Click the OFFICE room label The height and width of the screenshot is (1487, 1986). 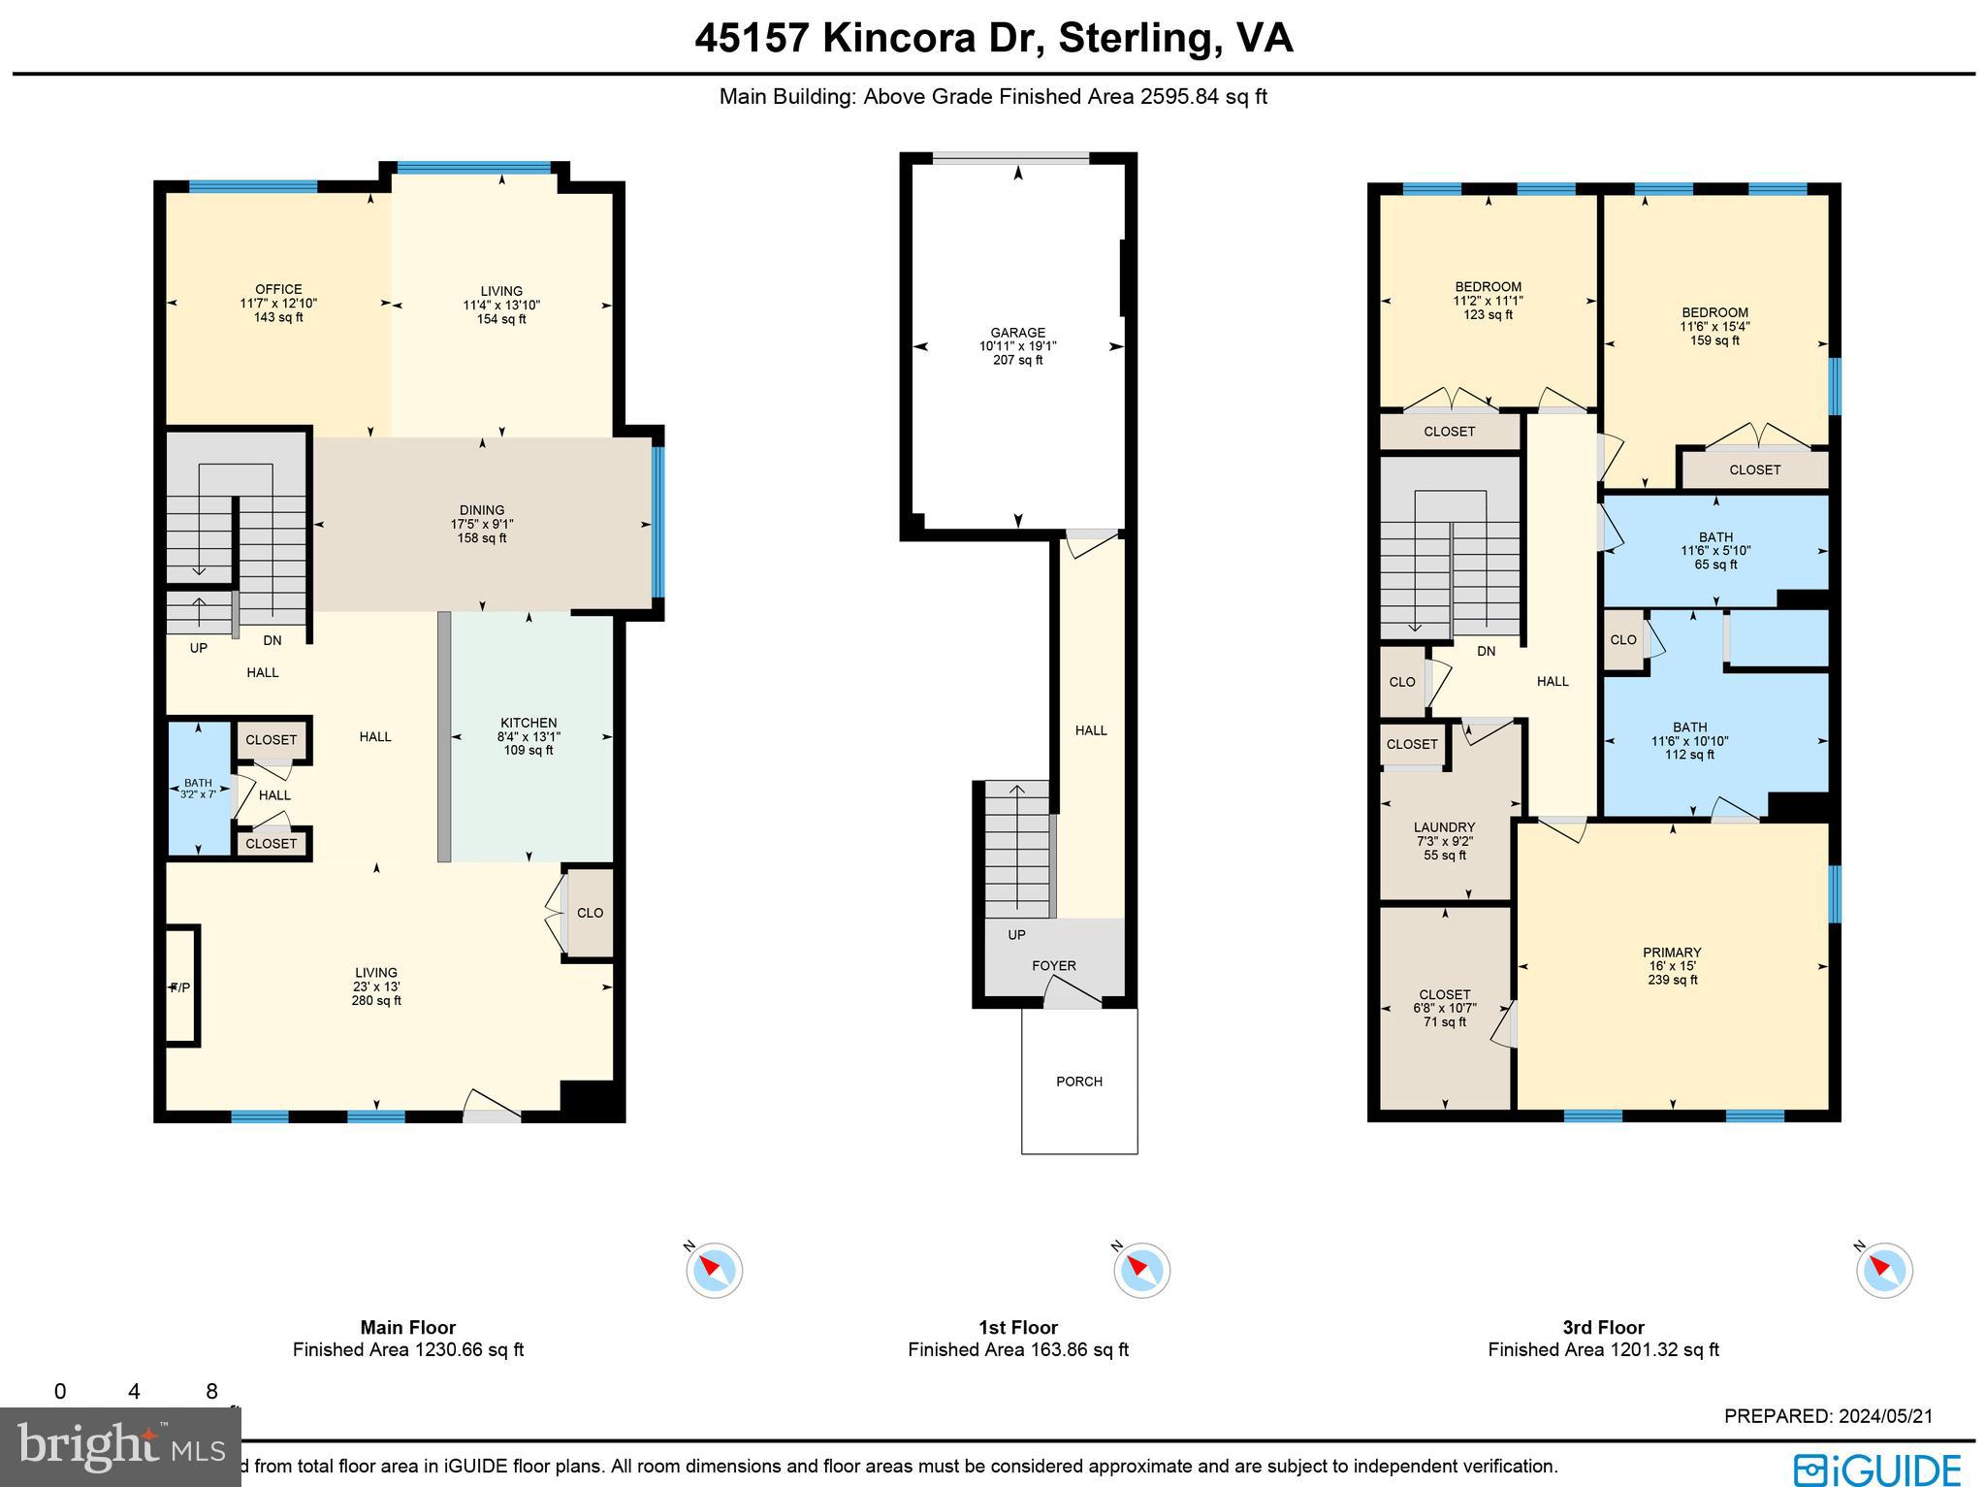pos(278,290)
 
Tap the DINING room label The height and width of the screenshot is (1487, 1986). pos(482,510)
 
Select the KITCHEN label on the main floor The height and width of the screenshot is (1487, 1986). pos(529,723)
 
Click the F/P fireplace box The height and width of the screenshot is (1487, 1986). pos(181,986)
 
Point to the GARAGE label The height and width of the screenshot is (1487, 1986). pos(1017,333)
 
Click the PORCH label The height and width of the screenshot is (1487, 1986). pos(1079,1082)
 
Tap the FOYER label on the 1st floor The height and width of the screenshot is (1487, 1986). pos(1054,966)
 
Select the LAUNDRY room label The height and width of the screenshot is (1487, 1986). pos(1444,828)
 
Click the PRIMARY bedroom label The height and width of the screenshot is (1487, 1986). pos(1672,953)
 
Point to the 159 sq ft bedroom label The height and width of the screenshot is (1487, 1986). pos(1714,313)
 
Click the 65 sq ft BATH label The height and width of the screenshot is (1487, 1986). pos(1715,537)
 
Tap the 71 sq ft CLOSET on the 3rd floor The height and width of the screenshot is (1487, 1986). pos(1445,995)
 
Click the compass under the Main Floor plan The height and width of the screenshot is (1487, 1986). pos(715,1270)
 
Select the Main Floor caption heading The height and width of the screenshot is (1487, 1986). pos(407,1327)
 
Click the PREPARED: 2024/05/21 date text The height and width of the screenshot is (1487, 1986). pos(1828,1416)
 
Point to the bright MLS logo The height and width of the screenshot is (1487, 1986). pos(120,1447)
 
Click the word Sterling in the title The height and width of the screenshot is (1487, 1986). pos(1134,38)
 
